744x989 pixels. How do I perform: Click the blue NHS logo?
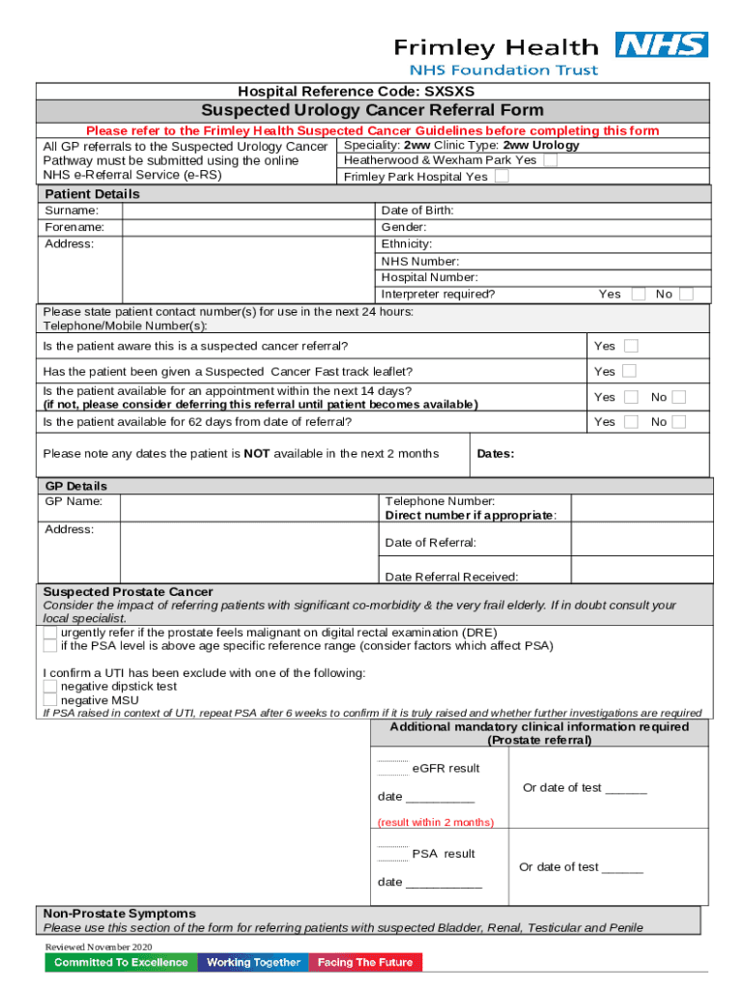pyautogui.click(x=662, y=45)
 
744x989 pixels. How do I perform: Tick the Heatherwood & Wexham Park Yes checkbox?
pyautogui.click(x=550, y=160)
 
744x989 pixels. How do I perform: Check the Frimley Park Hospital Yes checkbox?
pyautogui.click(x=501, y=177)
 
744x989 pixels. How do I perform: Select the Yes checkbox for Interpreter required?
pyautogui.click(x=639, y=295)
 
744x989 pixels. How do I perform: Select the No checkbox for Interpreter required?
pyautogui.click(x=686, y=295)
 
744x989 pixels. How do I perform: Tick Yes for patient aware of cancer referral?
pyautogui.click(x=630, y=346)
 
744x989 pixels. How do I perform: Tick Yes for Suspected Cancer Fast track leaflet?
pyautogui.click(x=630, y=371)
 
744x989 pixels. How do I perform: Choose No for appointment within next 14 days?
pyautogui.click(x=679, y=397)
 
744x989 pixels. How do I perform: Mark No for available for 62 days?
pyautogui.click(x=679, y=422)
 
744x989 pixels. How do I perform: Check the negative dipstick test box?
pyautogui.click(x=50, y=686)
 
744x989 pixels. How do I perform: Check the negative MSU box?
pyautogui.click(x=50, y=699)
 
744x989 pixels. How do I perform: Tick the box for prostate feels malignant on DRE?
pyautogui.click(x=50, y=633)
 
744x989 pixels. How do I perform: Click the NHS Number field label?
pyautogui.click(x=420, y=262)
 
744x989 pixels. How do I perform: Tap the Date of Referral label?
pyautogui.click(x=430, y=543)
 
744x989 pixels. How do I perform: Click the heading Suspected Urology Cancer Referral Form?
pyautogui.click(x=372, y=110)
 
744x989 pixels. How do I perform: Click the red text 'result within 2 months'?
pyautogui.click(x=435, y=822)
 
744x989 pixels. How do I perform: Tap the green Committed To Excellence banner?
pyautogui.click(x=121, y=962)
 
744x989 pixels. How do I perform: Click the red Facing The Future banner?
pyautogui.click(x=365, y=962)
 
